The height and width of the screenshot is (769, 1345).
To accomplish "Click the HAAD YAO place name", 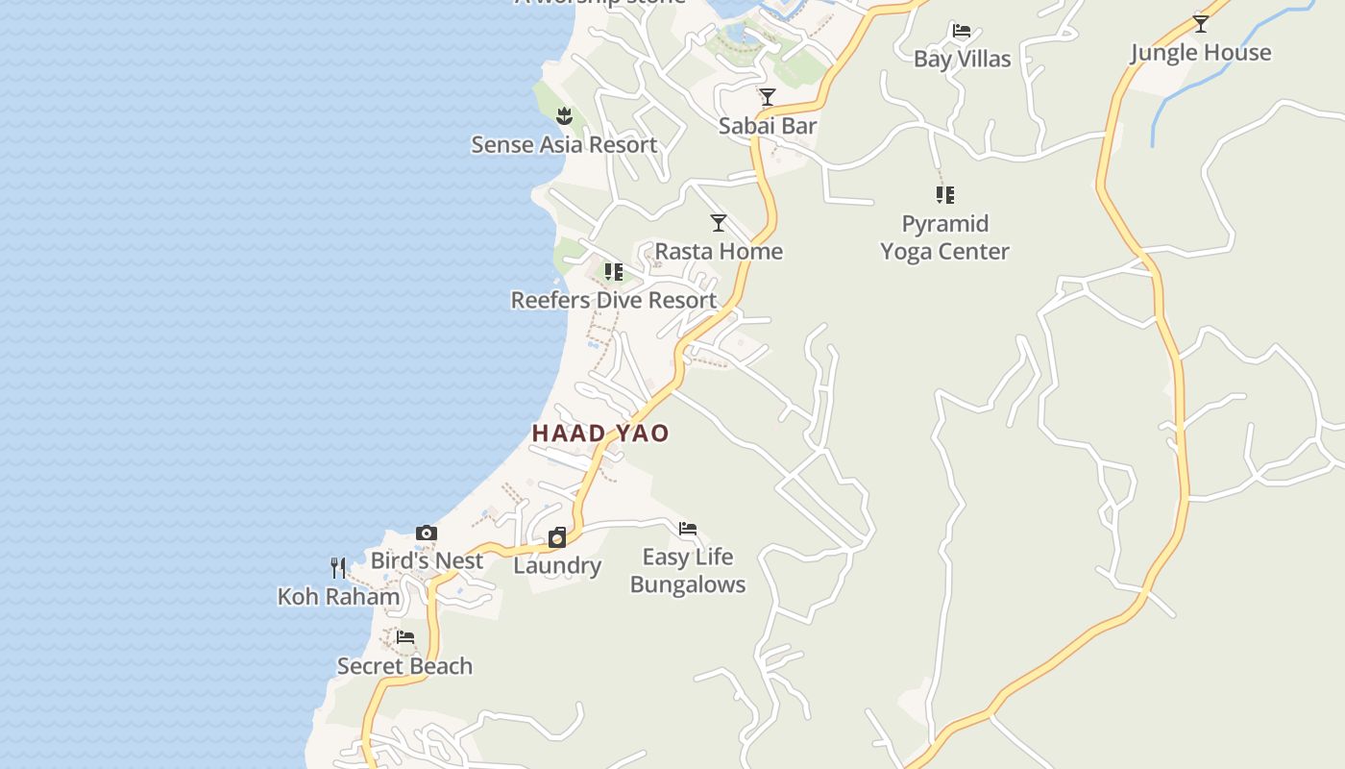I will (600, 434).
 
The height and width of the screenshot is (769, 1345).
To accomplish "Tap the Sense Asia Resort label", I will (564, 145).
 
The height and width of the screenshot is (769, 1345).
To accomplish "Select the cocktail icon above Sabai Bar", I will (768, 97).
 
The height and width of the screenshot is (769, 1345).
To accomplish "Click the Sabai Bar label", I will (768, 126).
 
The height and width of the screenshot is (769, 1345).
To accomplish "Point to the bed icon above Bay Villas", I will (961, 31).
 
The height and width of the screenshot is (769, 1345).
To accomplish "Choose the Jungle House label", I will (1200, 53).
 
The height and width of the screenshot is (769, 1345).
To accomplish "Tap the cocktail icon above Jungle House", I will (1200, 24).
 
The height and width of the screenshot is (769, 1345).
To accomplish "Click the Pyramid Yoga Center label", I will (944, 237).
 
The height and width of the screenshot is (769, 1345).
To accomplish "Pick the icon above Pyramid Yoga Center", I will (945, 195).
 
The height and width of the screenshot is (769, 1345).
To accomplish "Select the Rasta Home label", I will (719, 252).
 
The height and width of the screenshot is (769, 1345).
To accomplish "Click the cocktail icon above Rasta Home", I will (719, 223).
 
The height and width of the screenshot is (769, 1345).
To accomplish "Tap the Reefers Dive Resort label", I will (613, 300).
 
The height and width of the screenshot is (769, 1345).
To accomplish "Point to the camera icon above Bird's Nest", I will (427, 533).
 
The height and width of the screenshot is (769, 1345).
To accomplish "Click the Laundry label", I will (557, 565).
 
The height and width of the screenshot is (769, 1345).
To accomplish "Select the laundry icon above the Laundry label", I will (557, 537).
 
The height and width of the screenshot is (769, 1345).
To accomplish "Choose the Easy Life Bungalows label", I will (688, 571).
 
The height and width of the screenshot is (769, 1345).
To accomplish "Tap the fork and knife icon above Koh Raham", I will (338, 568).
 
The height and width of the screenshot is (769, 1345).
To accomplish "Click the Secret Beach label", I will (404, 666).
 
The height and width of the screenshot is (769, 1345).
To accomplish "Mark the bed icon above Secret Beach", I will (405, 637).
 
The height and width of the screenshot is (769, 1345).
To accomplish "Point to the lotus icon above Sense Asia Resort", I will (564, 117).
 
